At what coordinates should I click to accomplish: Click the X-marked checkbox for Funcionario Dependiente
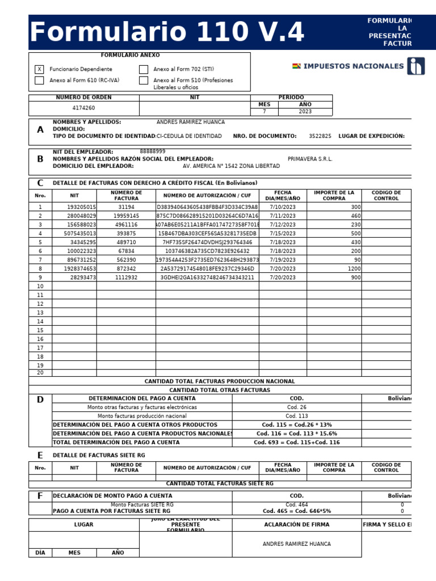pyautogui.click(x=39, y=69)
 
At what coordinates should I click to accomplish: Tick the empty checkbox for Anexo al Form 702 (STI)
pyautogui.click(x=144, y=69)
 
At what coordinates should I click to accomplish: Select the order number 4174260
pyautogui.click(x=83, y=108)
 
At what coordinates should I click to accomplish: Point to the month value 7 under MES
pyautogui.click(x=264, y=112)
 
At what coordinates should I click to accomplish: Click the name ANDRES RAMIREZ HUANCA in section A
pyautogui.click(x=190, y=122)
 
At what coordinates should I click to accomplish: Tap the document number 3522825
pyautogui.click(x=320, y=136)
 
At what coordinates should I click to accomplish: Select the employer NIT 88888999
pyautogui.click(x=153, y=151)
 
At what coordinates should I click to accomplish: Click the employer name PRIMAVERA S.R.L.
pyautogui.click(x=310, y=159)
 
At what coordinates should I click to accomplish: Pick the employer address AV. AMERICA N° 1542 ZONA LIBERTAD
pyautogui.click(x=231, y=166)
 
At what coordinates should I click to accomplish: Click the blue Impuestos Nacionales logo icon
pyautogui.click(x=416, y=66)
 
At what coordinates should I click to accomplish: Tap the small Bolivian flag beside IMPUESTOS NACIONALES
pyautogui.click(x=296, y=66)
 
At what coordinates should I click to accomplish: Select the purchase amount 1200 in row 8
pyautogui.click(x=354, y=268)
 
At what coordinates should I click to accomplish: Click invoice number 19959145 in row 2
pyautogui.click(x=126, y=216)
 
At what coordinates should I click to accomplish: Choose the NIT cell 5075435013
pyautogui.click(x=80, y=234)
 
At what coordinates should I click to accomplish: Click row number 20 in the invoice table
pyautogui.click(x=40, y=373)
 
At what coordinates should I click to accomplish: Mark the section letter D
pyautogui.click(x=40, y=399)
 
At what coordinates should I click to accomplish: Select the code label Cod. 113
pyautogui.click(x=296, y=416)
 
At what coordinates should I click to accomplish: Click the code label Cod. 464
pyautogui.click(x=296, y=504)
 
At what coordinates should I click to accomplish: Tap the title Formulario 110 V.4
pyautogui.click(x=167, y=33)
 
